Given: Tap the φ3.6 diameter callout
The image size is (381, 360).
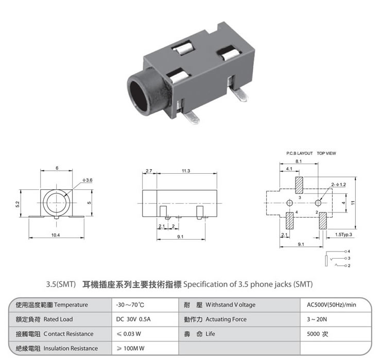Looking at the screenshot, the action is (88, 180).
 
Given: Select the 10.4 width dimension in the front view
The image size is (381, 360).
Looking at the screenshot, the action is (56, 235).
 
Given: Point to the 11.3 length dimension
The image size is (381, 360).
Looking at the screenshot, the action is (186, 171).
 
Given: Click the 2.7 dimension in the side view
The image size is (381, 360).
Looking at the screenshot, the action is (149, 171).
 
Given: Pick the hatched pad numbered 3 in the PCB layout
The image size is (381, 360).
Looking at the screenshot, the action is (299, 185).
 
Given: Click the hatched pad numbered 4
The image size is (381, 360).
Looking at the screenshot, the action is (290, 221).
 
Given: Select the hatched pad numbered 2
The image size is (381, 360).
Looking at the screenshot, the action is (323, 221).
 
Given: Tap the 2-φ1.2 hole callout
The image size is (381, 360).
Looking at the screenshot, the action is (338, 185).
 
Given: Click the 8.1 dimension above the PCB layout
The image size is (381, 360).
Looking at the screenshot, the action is (299, 161).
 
